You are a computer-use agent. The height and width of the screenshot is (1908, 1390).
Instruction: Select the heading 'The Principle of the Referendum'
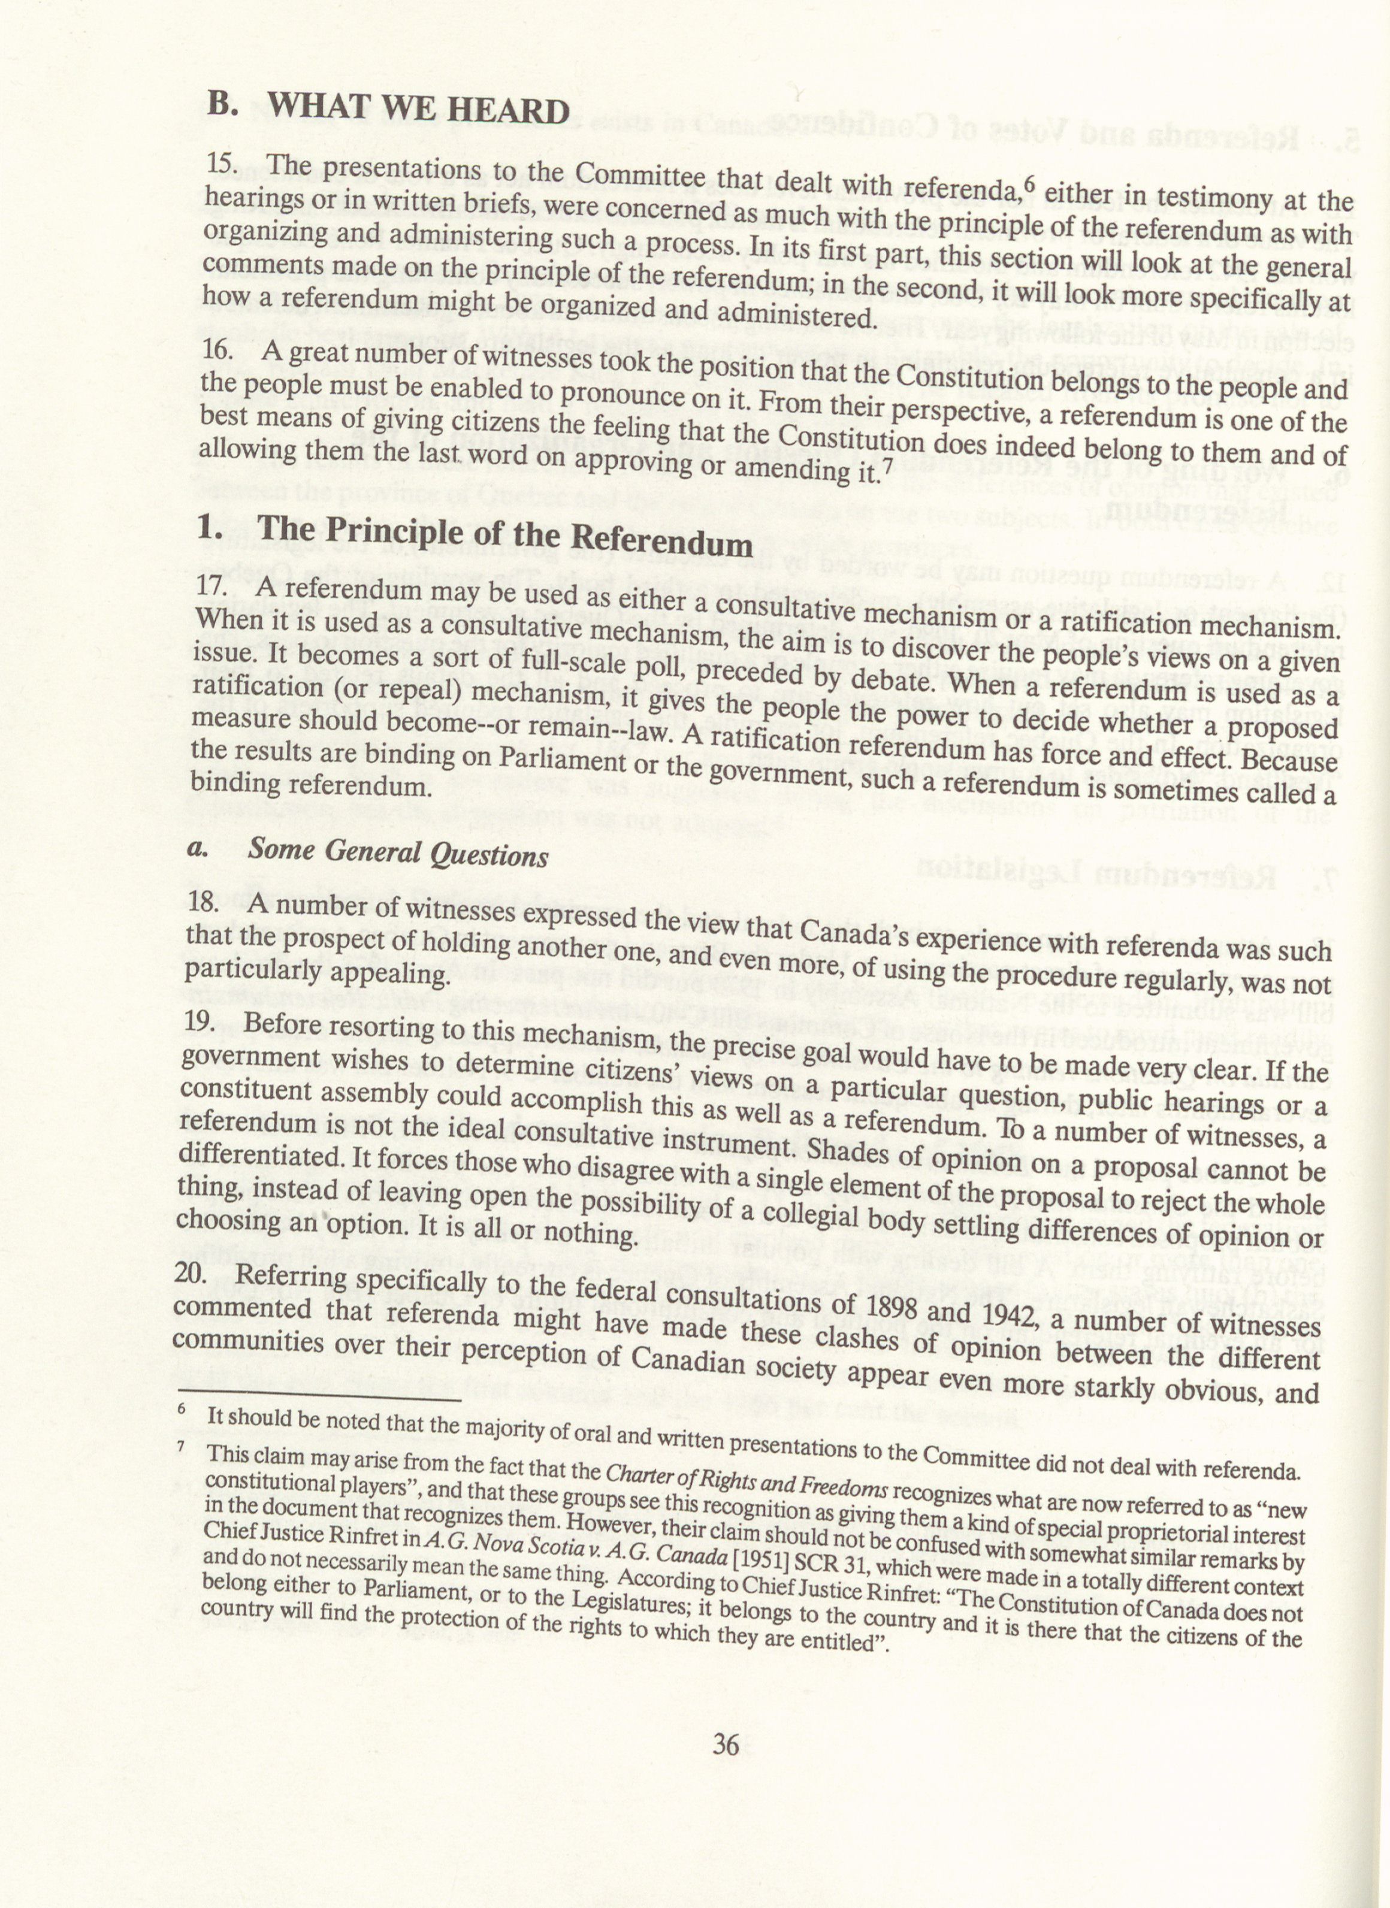(505, 535)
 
